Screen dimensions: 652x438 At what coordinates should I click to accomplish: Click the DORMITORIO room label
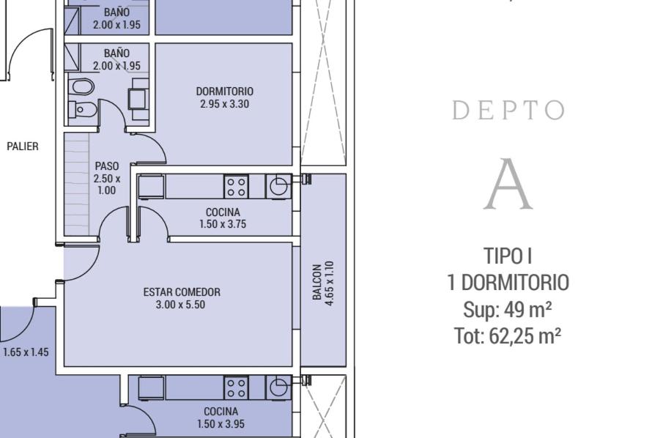point(225,92)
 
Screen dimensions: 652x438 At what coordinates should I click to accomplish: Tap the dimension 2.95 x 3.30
point(225,104)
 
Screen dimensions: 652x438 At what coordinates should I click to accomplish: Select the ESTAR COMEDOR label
point(182,292)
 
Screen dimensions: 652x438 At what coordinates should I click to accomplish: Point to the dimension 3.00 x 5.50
point(180,305)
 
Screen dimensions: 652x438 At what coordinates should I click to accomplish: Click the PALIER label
point(23,146)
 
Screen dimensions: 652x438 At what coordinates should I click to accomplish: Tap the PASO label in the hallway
point(107,166)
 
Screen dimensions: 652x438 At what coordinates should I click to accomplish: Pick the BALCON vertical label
point(317,282)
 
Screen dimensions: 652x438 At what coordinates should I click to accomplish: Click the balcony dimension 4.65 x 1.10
point(330,283)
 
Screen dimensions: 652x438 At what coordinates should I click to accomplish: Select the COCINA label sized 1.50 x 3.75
point(223,212)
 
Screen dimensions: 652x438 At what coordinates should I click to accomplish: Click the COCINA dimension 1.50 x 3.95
point(221,424)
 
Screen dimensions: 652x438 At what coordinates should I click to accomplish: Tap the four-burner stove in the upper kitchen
point(236,186)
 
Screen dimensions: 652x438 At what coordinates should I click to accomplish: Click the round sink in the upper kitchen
point(278,186)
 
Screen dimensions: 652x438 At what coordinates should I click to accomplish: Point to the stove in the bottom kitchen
point(236,387)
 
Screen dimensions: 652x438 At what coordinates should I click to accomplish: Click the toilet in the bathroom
point(83,110)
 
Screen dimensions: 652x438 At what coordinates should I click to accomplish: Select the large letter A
point(508,184)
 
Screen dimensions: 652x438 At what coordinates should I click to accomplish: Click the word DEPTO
point(508,110)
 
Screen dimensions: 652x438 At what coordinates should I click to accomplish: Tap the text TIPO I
point(508,256)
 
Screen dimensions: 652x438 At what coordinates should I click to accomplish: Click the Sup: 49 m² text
point(508,310)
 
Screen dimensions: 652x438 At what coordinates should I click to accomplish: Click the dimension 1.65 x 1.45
point(26,352)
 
